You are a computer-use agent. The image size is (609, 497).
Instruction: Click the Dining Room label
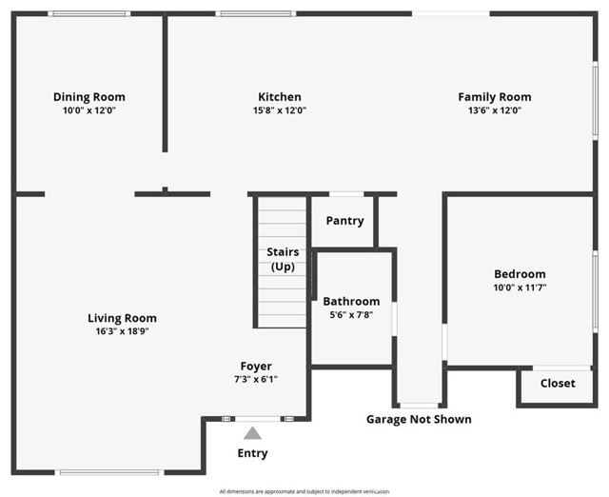pos(88,97)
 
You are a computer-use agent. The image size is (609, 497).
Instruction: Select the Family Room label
pos(494,97)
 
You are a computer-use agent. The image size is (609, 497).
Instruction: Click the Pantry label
pos(344,221)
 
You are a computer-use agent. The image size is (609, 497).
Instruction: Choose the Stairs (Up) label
pos(282,259)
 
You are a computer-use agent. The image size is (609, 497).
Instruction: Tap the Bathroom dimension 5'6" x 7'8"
pos(351,315)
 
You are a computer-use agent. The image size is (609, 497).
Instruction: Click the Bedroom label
pos(520,274)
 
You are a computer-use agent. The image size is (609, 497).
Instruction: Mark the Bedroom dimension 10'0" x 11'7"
pos(520,288)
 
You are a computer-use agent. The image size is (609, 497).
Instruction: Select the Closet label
pos(558,384)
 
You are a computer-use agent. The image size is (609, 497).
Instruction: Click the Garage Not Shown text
pos(419,419)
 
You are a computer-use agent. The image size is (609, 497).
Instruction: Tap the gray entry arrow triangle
pos(252,433)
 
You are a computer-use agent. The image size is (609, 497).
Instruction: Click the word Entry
pos(252,453)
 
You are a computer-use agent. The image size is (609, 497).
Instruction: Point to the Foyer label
pos(256,367)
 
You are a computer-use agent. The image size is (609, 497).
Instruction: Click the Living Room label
pos(122,319)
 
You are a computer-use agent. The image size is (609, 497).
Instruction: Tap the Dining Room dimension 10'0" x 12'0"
pos(88,110)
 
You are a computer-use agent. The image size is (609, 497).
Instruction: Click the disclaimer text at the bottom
pos(304,491)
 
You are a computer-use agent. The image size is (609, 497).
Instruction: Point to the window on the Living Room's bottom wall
pos(109,472)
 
